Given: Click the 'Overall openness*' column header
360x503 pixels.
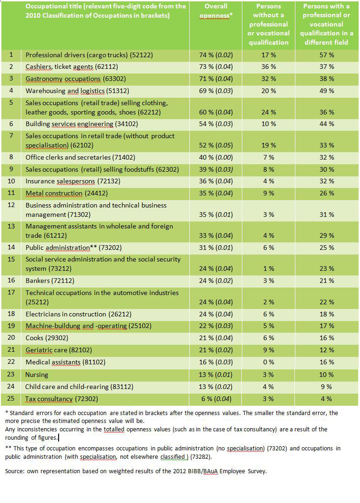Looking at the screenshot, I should [216, 11].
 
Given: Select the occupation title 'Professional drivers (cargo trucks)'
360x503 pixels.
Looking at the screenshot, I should [82, 55].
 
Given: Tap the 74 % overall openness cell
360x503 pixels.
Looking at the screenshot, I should [216, 55].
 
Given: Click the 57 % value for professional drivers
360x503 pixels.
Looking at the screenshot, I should [327, 55].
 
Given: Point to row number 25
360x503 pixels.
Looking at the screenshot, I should [11, 399].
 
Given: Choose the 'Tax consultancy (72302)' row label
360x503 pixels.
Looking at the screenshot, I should [61, 399].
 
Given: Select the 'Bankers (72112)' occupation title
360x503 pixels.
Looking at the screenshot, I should [50, 281].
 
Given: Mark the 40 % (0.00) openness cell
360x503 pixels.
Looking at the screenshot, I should [216, 158].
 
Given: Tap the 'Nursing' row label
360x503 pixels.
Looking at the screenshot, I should [37, 375].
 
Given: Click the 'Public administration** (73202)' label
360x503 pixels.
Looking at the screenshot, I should [73, 248].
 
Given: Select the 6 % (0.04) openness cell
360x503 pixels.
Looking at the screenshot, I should [216, 399].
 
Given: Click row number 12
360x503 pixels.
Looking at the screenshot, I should [11, 205].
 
